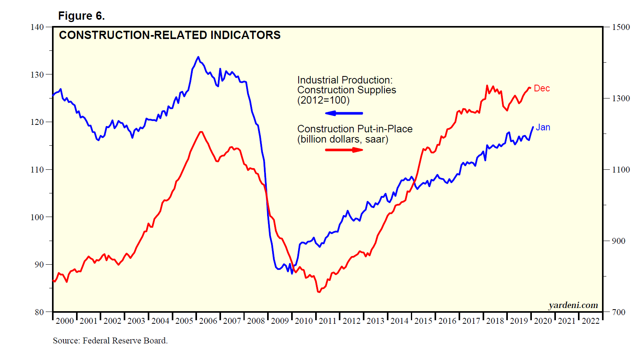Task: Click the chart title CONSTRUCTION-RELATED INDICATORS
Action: tap(169, 35)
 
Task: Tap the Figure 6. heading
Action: tap(81, 16)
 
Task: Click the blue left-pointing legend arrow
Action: tap(344, 113)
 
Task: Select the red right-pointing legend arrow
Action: tap(344, 150)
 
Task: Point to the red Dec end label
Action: tap(542, 89)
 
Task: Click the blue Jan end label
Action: tap(543, 128)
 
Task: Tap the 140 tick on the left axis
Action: tap(37, 27)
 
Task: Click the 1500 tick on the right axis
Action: tap(621, 27)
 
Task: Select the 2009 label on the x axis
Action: tap(280, 321)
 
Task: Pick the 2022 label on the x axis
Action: tap(591, 321)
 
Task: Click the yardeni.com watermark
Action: tap(573, 305)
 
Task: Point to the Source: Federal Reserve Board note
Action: tap(110, 341)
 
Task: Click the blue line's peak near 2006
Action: tap(198, 57)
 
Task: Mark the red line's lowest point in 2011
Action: tap(318, 292)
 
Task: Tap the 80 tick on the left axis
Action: tap(39, 312)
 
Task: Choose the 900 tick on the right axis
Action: tap(619, 241)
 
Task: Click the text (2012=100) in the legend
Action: tap(323, 100)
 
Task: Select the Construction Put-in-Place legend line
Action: tap(355, 129)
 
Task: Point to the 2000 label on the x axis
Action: tap(65, 321)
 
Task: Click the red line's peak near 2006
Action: tap(201, 132)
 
